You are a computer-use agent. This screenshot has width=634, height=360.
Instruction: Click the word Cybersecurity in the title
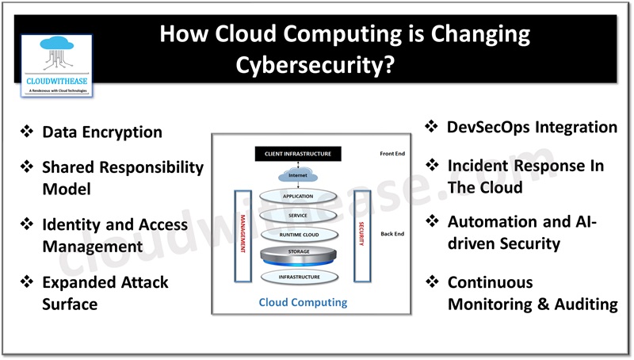click(x=316, y=64)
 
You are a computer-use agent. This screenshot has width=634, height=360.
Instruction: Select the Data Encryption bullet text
click(x=102, y=132)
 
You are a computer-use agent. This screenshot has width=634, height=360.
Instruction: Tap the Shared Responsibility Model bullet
click(x=122, y=178)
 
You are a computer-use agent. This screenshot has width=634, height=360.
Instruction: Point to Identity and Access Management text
click(x=115, y=236)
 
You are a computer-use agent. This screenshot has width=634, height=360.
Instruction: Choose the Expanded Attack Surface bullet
click(x=105, y=293)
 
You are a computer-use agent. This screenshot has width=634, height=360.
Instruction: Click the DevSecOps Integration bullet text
click(x=531, y=127)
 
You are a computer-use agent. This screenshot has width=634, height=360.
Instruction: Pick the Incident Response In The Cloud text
click(x=525, y=176)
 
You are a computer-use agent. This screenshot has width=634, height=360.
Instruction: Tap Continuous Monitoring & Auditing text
click(x=531, y=293)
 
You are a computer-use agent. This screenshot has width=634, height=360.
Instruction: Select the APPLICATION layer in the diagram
click(x=298, y=196)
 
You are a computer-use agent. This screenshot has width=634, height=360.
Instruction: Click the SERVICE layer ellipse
click(x=298, y=216)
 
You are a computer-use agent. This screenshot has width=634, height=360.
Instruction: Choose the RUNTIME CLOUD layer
click(x=298, y=236)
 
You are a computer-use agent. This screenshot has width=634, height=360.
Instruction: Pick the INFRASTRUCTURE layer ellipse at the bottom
click(x=298, y=277)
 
